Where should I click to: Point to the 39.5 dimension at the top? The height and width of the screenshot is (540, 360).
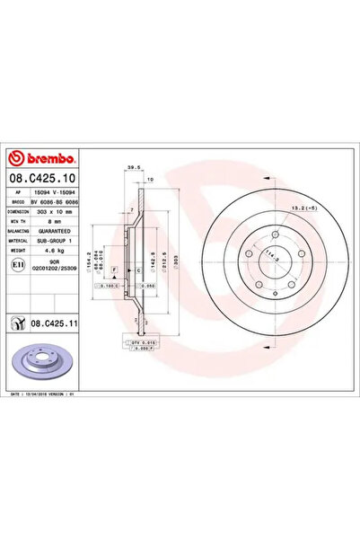135,168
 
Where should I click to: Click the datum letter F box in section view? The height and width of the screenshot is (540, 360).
114,270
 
